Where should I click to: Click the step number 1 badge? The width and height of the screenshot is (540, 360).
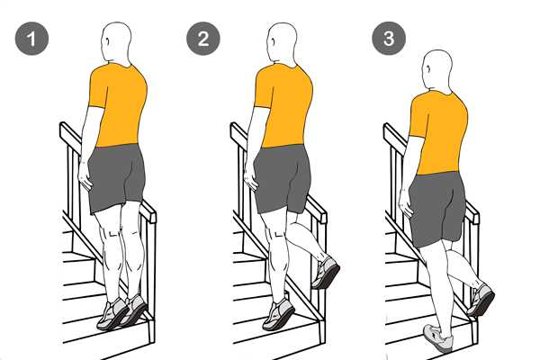(31, 38)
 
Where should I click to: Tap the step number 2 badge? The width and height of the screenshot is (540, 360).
(203, 38)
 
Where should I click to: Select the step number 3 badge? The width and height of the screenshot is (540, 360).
(389, 38)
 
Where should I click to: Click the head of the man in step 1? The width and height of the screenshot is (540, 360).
(116, 43)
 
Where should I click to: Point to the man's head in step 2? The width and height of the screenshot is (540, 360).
(282, 43)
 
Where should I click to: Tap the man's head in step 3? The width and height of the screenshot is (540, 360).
(436, 70)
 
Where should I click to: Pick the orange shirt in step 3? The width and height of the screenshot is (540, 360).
(438, 132)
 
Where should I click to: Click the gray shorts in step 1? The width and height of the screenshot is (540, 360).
(116, 177)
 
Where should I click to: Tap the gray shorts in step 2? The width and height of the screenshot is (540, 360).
(282, 178)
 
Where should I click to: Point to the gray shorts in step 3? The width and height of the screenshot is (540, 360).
(437, 209)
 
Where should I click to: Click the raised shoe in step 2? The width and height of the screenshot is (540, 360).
(326, 273)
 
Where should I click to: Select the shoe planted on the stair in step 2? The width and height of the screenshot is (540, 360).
(278, 314)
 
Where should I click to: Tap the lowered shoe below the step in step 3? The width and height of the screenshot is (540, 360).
(438, 338)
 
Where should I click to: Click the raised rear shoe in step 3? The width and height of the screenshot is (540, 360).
(481, 299)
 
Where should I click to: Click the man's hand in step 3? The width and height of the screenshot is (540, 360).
(407, 203)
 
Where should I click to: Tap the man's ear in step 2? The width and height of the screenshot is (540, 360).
(273, 41)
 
